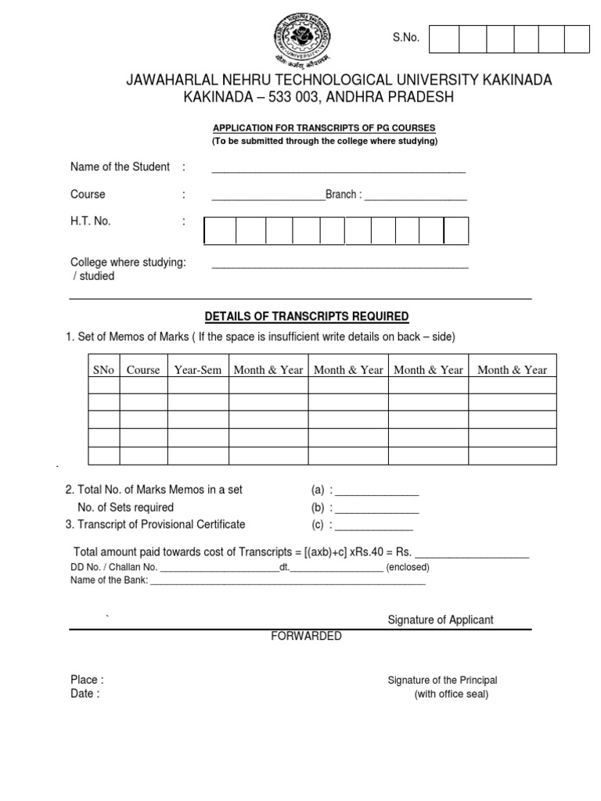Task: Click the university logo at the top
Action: [303, 38]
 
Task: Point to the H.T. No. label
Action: [91, 221]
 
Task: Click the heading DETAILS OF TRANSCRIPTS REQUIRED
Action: [307, 317]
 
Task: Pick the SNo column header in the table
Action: [103, 370]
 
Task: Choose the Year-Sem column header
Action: [198, 370]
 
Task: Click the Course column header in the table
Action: [143, 370]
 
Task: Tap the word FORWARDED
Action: [306, 636]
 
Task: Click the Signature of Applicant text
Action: [441, 620]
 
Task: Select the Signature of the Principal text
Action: [442, 681]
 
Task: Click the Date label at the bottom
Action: [85, 694]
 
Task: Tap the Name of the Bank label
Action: [109, 580]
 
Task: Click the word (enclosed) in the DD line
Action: [408, 567]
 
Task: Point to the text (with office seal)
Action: [451, 695]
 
